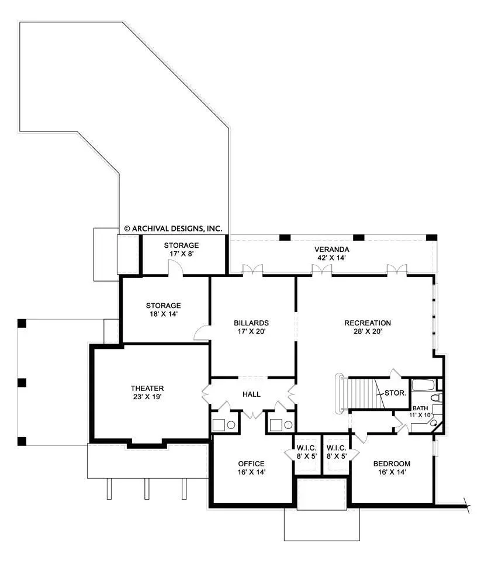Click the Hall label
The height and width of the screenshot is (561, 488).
click(251, 394)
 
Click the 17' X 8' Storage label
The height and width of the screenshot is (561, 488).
click(181, 250)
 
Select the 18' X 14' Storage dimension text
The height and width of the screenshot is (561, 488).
click(164, 314)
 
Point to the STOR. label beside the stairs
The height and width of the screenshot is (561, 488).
click(395, 393)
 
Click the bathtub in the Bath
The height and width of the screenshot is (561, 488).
click(423, 385)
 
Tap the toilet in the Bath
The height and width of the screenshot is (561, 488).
click(436, 397)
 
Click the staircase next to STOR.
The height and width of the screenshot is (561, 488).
click(362, 393)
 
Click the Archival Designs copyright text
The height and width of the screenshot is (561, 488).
click(173, 228)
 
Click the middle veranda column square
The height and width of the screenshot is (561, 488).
click(358, 238)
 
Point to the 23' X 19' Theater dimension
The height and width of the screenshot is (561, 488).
click(147, 397)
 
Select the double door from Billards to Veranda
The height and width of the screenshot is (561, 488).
click(252, 269)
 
